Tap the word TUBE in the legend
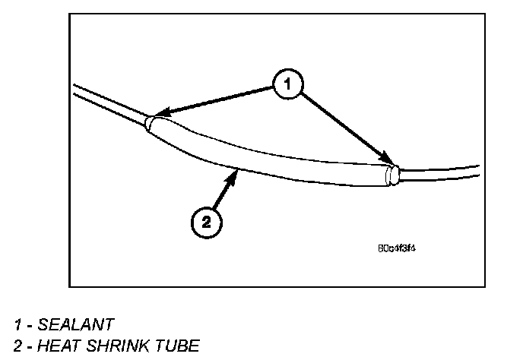point(178,346)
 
